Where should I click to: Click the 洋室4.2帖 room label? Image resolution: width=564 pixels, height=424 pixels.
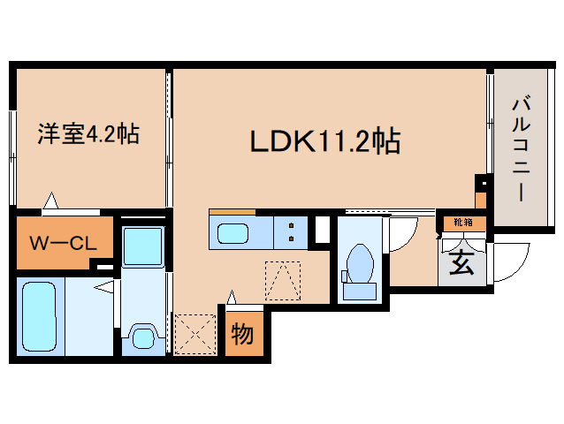pyautogui.click(x=87, y=135)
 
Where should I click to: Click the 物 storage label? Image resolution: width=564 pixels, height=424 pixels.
pyautogui.click(x=243, y=335)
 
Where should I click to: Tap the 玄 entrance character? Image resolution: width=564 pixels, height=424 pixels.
pyautogui.click(x=461, y=262)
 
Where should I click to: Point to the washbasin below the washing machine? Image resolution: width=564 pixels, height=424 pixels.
pyautogui.click(x=141, y=334)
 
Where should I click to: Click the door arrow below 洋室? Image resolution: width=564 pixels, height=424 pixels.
pyautogui.click(x=52, y=201)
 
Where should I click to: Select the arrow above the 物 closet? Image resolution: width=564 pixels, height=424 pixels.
pyautogui.click(x=232, y=298)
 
